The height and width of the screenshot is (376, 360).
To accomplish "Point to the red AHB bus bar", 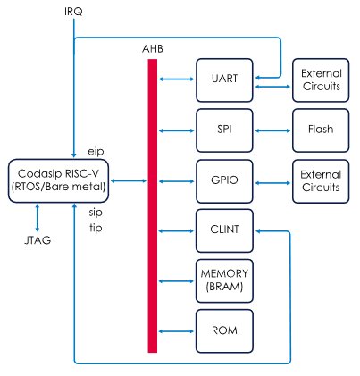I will pos(153,205).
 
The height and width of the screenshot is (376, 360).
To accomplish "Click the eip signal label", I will pos(96,152).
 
